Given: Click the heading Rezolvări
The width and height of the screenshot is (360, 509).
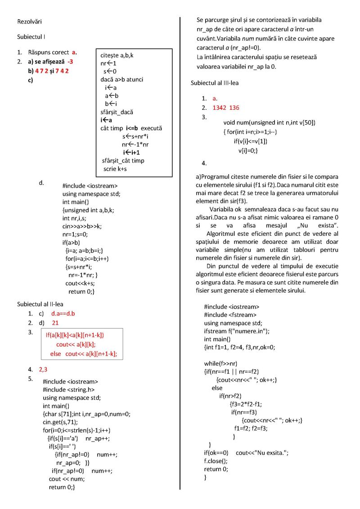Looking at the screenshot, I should click(30, 21).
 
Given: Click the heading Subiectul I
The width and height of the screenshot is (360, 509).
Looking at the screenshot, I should click(31, 36).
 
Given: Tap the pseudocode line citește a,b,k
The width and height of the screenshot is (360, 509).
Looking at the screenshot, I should click(117, 55).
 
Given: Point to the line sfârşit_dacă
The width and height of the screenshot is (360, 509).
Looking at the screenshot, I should click(117, 112).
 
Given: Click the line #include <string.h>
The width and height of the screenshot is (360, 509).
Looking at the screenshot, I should click(68, 390).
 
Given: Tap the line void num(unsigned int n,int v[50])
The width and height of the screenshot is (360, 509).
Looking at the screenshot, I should click(269, 122).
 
